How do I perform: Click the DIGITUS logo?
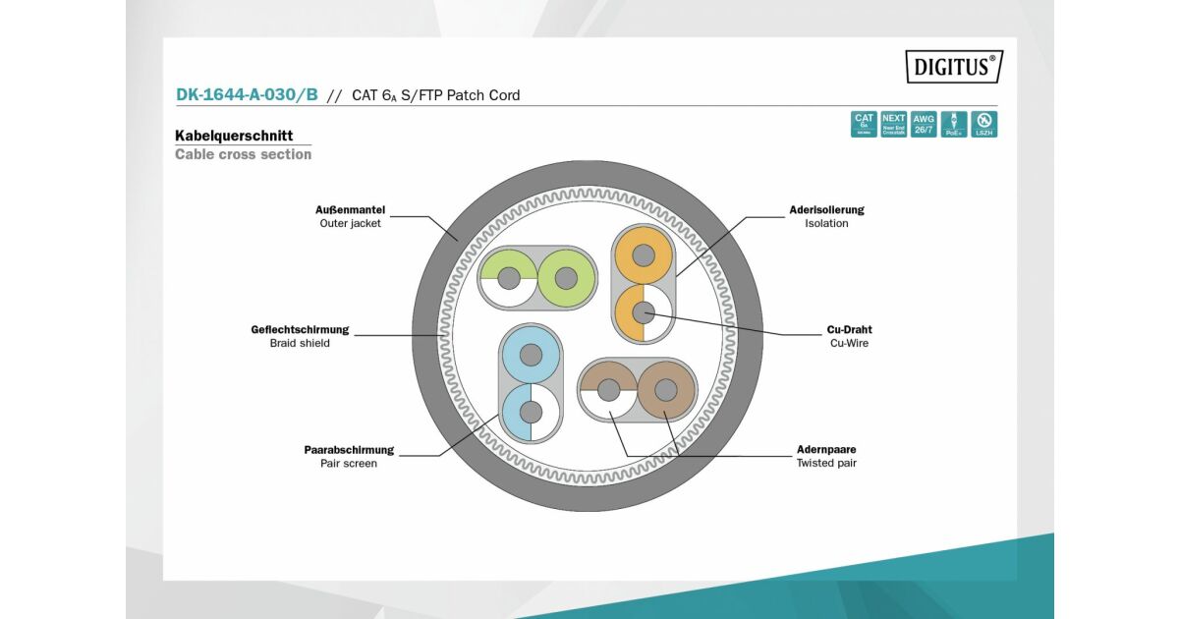953,67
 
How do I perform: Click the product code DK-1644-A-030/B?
247,95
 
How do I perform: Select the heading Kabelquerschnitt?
234,136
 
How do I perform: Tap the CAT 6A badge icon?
864,124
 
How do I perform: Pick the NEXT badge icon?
893,124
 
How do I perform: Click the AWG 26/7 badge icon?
924,124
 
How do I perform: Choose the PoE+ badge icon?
953,124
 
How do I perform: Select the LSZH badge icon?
983,124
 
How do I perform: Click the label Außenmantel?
350,209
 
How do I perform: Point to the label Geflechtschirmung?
300,329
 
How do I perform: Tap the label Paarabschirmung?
349,449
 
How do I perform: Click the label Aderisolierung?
826,209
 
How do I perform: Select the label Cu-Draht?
849,329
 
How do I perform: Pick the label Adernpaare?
826,449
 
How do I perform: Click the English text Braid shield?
300,343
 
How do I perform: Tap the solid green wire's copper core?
566,278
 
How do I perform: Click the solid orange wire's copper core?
644,255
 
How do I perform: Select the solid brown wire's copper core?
665,390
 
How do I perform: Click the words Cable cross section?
243,154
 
